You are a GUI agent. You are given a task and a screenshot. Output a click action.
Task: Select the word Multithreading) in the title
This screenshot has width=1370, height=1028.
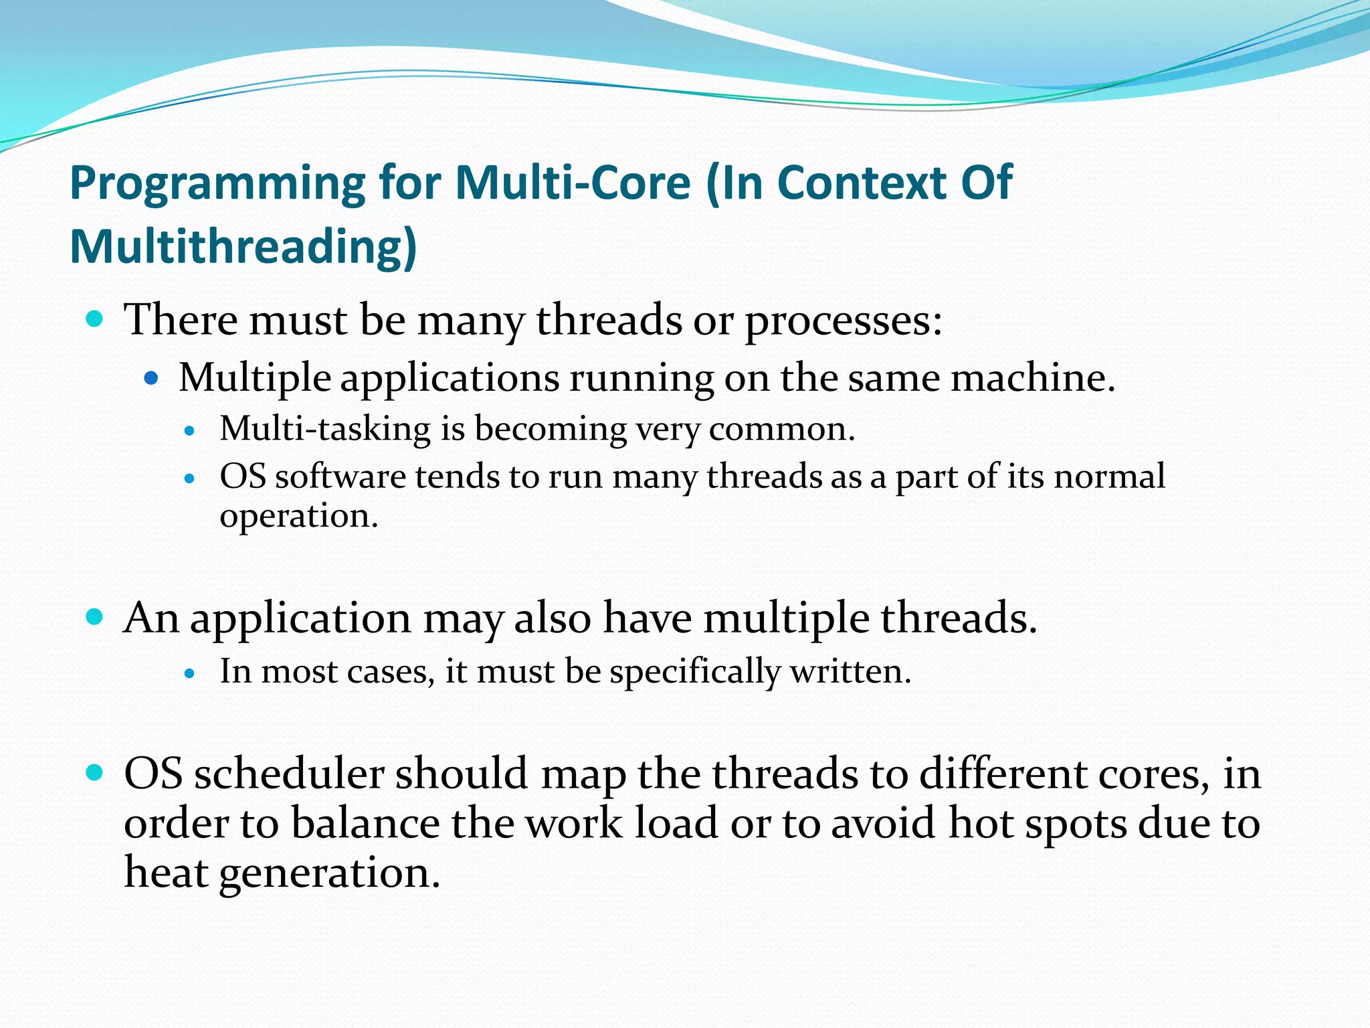[x=243, y=248]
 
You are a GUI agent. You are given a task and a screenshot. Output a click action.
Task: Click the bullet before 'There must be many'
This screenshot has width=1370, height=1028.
[x=95, y=319]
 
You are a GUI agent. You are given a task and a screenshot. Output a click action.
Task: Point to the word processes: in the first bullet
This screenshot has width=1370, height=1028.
[x=844, y=321]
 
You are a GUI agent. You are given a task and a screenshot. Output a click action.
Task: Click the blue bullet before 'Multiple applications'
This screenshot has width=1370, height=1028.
[x=151, y=378]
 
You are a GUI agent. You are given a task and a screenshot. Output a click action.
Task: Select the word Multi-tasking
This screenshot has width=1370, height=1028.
[x=325, y=429]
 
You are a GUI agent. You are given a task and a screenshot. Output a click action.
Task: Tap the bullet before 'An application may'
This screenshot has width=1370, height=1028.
[x=95, y=616]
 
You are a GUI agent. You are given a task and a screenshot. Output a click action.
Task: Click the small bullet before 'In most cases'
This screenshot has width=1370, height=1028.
[x=191, y=673]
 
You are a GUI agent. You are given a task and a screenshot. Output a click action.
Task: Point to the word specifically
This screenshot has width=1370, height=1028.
[x=694, y=672]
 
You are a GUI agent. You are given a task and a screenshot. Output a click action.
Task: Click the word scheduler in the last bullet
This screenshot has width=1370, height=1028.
[x=289, y=774]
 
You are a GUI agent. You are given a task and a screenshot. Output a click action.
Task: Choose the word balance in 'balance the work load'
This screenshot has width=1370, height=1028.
[x=365, y=823]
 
